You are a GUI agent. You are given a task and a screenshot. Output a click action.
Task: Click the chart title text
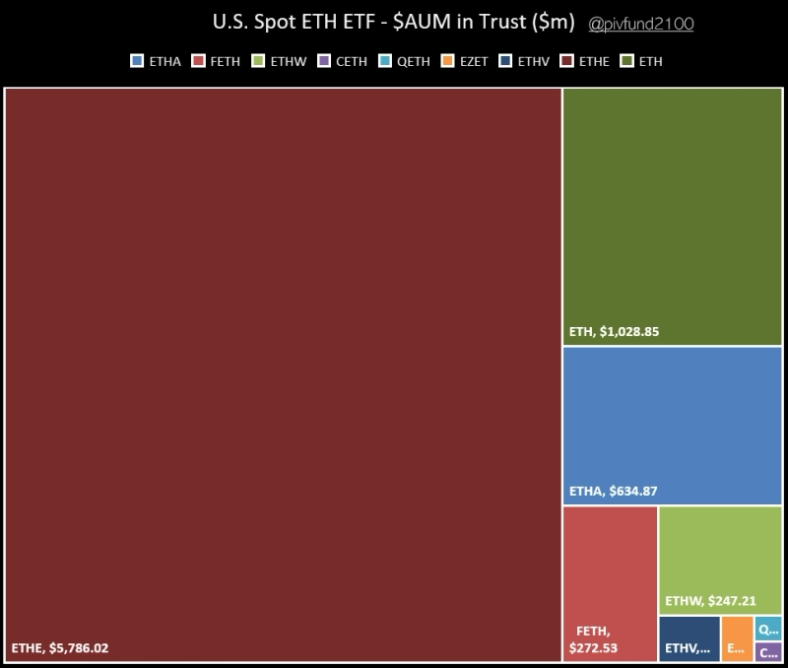(x=392, y=22)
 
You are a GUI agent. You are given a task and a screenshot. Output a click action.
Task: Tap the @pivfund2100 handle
(x=640, y=23)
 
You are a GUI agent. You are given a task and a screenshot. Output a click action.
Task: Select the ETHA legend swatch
(x=138, y=61)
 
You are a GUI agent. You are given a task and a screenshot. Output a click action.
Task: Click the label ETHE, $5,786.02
(x=60, y=648)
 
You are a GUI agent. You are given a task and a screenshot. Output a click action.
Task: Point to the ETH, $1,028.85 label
(x=614, y=332)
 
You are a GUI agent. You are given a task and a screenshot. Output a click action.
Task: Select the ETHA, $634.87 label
(x=619, y=491)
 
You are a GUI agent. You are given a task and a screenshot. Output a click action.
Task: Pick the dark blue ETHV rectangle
(x=689, y=638)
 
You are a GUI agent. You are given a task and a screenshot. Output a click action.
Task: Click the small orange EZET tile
(x=737, y=638)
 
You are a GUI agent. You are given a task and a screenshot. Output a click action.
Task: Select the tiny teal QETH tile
(x=769, y=628)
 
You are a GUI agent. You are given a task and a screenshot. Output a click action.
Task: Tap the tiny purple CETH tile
(x=769, y=651)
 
